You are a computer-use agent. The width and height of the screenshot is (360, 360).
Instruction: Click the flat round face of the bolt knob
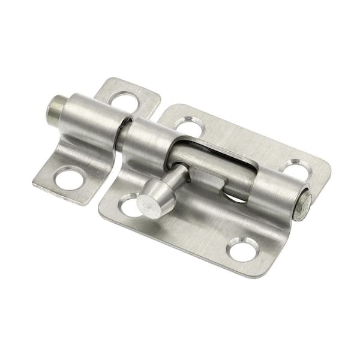(x=146, y=204)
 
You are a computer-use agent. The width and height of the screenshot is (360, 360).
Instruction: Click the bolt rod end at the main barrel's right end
(x=302, y=202)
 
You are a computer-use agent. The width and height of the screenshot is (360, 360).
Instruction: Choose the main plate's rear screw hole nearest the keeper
(x=190, y=125)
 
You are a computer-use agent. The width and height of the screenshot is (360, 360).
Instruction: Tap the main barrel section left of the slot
(x=144, y=144)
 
